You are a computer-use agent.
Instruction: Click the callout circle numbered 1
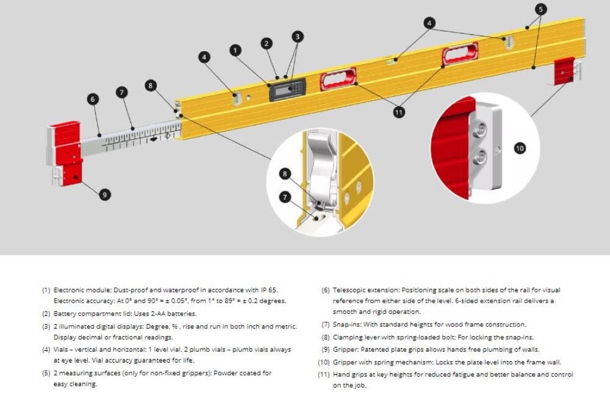(x=235, y=51)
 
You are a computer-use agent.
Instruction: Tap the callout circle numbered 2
(x=267, y=43)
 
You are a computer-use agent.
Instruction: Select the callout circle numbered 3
(x=297, y=37)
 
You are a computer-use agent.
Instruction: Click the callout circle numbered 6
(x=93, y=99)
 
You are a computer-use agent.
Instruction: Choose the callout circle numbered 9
(x=105, y=194)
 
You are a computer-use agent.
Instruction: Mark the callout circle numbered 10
(x=520, y=148)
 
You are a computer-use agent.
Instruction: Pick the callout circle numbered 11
(x=400, y=112)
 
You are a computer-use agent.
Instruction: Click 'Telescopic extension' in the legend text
(x=365, y=289)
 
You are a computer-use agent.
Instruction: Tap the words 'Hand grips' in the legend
(x=350, y=374)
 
